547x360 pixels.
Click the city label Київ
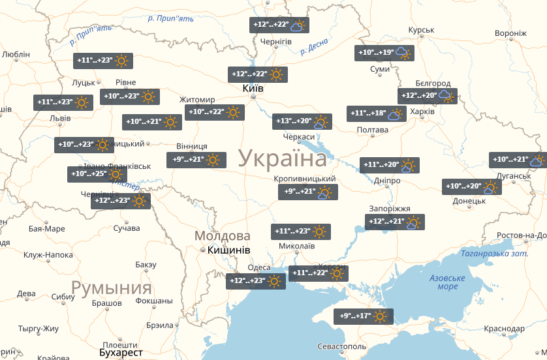[x=253, y=88]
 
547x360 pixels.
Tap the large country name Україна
[x=282, y=158]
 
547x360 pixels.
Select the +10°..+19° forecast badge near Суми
[x=384, y=53]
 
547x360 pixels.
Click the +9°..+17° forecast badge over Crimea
[x=364, y=317]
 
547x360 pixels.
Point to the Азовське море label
[x=447, y=282]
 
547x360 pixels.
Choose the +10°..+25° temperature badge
[x=97, y=175]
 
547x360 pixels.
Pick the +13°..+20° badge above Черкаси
[x=302, y=122]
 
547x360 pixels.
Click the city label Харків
[x=421, y=112]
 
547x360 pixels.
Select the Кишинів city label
[x=228, y=250]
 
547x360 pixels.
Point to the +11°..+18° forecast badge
[x=376, y=114]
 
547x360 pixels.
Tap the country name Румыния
[x=111, y=288]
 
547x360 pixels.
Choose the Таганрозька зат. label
[x=493, y=254]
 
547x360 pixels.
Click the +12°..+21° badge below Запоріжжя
[x=395, y=222]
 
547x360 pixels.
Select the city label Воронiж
[x=510, y=33]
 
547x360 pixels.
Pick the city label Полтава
[x=373, y=130]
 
